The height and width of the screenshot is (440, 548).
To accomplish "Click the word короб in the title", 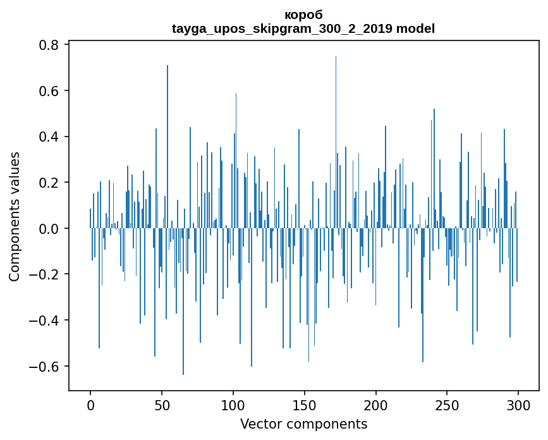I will point(303,15).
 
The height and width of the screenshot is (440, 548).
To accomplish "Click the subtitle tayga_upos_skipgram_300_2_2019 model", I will point(303,28).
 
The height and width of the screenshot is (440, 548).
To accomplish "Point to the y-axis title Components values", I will point(15,216).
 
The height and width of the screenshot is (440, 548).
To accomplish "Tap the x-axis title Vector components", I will point(303,424).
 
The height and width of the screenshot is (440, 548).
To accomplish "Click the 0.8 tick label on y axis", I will point(50,46).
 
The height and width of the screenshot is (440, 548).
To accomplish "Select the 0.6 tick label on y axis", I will point(50,91).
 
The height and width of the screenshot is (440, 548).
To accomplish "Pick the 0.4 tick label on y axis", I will point(50,137).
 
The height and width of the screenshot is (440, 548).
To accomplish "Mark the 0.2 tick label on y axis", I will point(50,183).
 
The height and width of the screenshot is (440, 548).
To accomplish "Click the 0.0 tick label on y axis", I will point(50,229).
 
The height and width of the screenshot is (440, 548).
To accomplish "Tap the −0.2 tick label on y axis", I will point(46,274).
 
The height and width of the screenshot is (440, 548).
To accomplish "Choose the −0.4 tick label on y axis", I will point(46,321).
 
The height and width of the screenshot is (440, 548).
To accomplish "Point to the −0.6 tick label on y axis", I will point(46,367).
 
